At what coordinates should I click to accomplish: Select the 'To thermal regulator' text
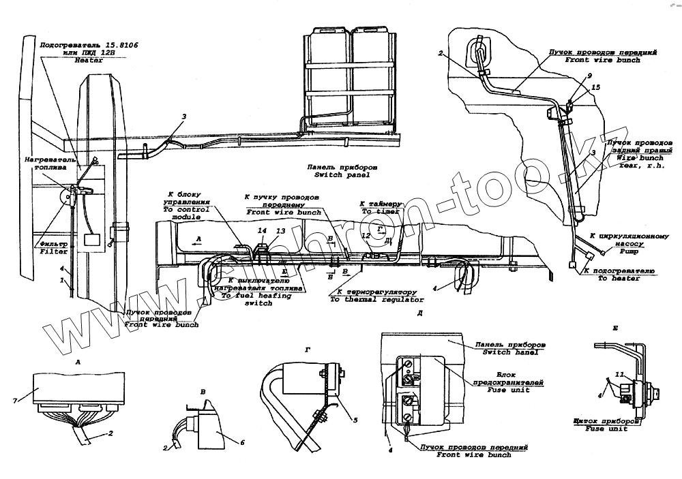(x=376, y=299)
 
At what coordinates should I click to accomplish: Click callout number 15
(x=595, y=87)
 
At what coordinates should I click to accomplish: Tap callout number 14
(x=262, y=231)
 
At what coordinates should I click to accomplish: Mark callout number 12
(x=365, y=235)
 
